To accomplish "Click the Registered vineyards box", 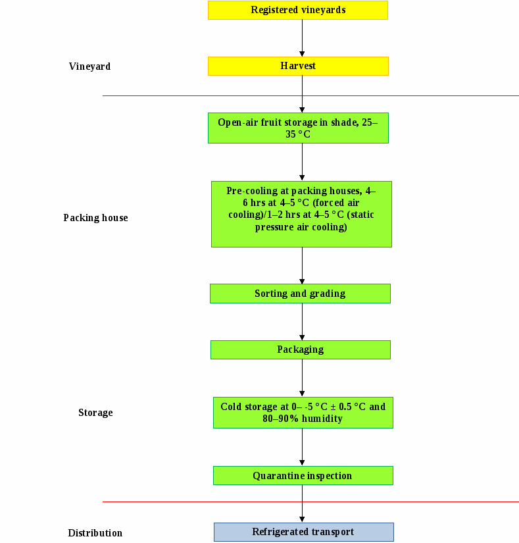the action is [298, 10].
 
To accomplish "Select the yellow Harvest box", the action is [298, 66].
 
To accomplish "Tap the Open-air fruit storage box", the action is [298, 128].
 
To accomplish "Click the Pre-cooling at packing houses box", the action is [301, 215].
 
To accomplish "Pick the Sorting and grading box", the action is [301, 294].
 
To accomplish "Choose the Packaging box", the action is [301, 349].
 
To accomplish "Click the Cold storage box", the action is [303, 413].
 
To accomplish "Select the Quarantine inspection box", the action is [303, 475].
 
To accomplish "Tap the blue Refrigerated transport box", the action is [304, 532].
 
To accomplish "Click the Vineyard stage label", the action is [89, 66].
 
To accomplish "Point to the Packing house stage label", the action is [95, 218].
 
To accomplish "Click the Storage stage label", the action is [95, 413].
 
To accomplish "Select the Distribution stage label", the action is [95, 533].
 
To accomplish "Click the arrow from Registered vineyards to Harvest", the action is [302, 38].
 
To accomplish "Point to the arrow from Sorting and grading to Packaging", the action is [302, 322].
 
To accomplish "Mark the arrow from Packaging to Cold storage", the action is [302, 378].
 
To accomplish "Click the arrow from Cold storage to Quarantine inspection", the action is [302, 447].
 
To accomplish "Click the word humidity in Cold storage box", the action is [322, 419].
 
